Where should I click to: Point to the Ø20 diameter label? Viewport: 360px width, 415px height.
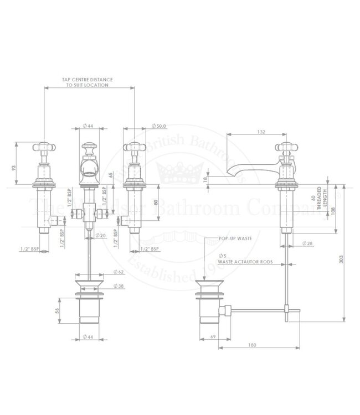click(x=100, y=236)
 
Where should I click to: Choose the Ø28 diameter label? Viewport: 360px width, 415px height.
click(x=308, y=244)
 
